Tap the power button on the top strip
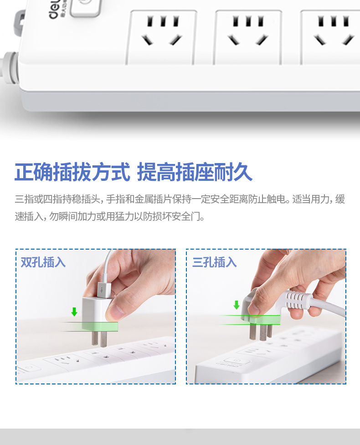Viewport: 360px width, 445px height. (86, 7)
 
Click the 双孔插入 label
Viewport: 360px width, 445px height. (43, 262)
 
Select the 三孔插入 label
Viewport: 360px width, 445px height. (214, 262)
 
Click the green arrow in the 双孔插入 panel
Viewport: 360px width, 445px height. (74, 312)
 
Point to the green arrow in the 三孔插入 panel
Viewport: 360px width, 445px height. (236, 305)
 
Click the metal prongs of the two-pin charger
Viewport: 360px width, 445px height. (99, 338)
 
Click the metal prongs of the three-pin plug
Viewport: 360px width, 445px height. (261, 332)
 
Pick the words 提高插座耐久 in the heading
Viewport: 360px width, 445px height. (195, 172)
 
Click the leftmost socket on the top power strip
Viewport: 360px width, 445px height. (162, 37)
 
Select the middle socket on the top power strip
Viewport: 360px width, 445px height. (247, 37)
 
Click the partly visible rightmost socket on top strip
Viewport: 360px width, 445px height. (330, 37)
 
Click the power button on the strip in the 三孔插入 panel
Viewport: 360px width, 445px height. (235, 361)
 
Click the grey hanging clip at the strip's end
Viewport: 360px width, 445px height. (19, 23)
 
